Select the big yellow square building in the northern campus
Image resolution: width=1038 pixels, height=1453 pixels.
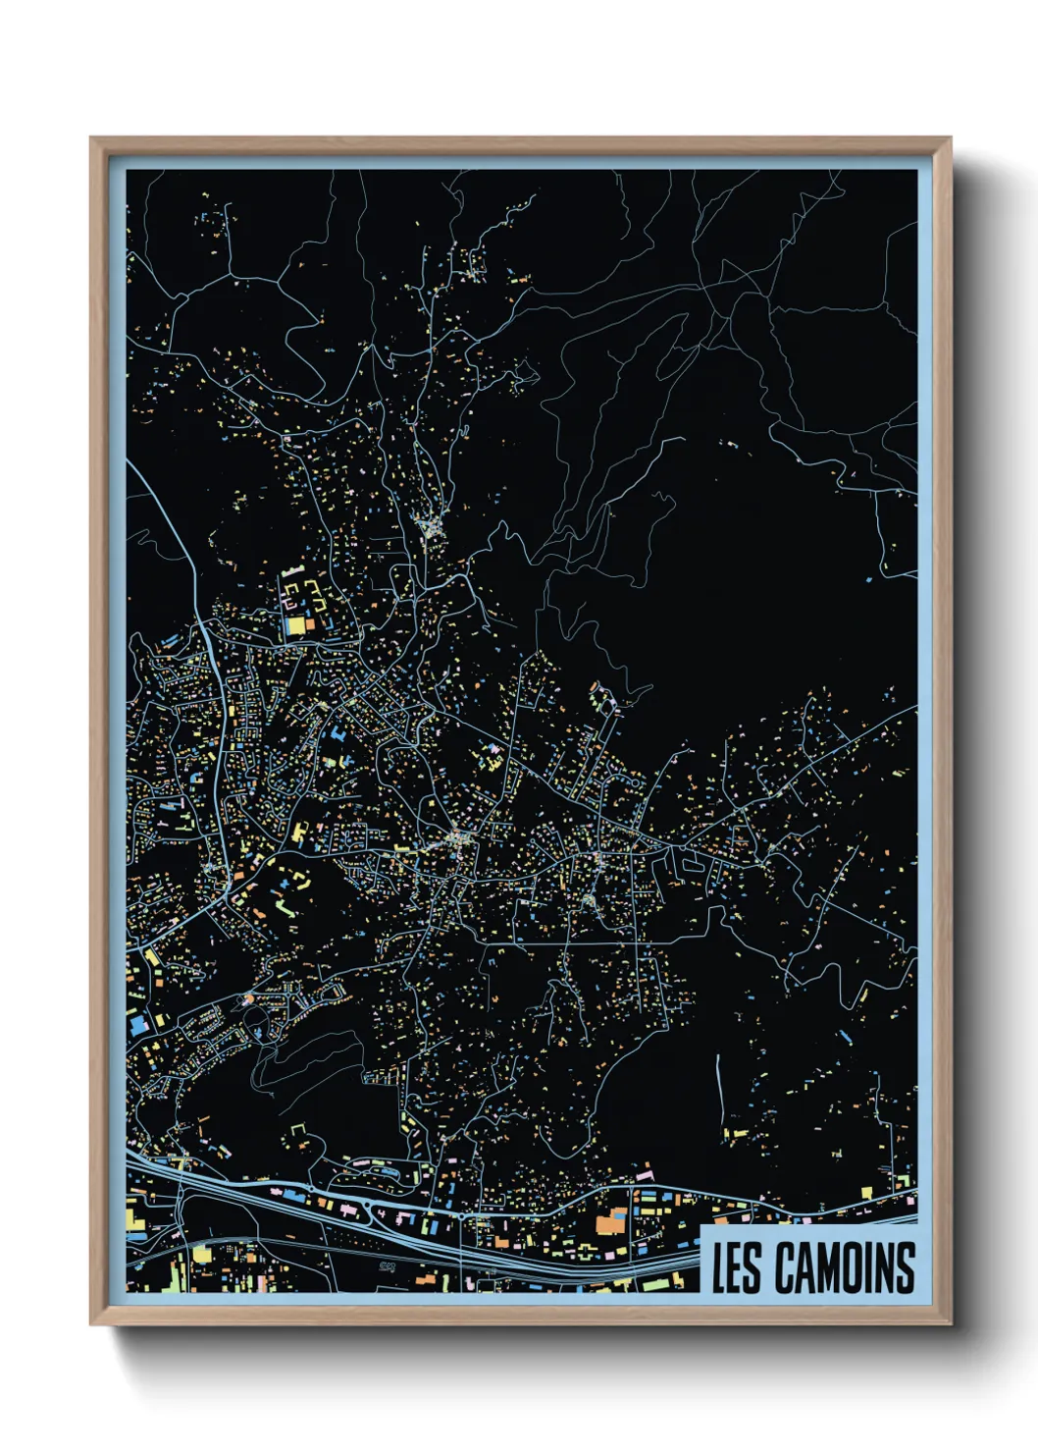pos(293,624)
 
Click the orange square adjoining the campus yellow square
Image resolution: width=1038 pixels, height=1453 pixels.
pos(310,623)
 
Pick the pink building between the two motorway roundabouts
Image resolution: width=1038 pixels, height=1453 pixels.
pos(403,1217)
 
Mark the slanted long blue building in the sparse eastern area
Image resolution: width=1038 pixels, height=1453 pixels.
pos(845,1036)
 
